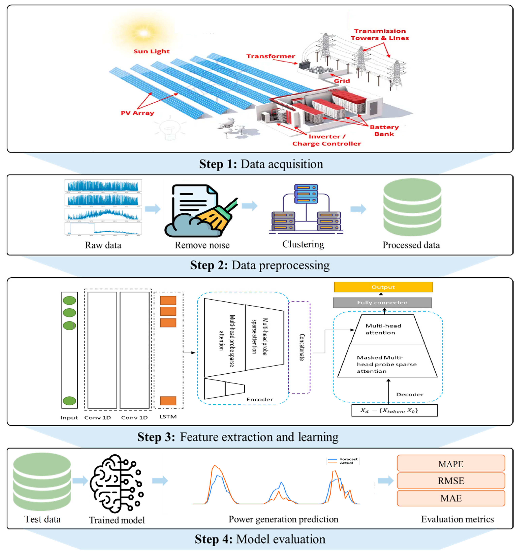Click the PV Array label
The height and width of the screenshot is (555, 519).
point(137,113)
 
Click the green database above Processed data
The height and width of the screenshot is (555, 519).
point(412,207)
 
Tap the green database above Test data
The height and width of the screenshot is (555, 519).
point(42,482)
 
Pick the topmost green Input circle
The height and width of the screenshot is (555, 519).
point(69,300)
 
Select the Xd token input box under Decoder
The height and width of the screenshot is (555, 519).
point(394,410)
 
